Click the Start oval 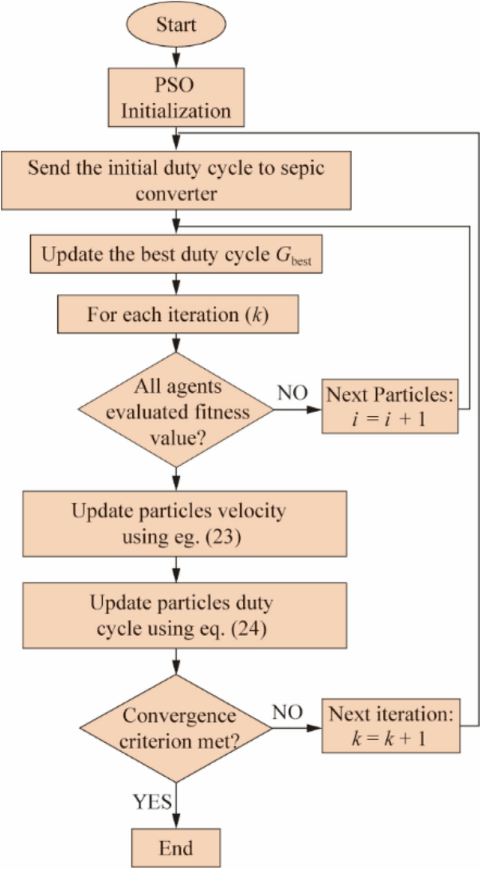click(x=176, y=25)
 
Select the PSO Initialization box click(x=176, y=98)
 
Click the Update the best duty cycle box click(x=176, y=254)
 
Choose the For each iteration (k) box click(x=178, y=314)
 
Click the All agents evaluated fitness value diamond click(x=176, y=410)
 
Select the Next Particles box click(x=390, y=406)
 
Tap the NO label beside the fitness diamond click(x=292, y=393)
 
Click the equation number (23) click(x=223, y=537)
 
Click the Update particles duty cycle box click(x=184, y=616)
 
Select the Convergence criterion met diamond click(x=176, y=728)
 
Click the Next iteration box click(x=390, y=726)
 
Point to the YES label click(x=152, y=802)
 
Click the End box click(x=175, y=848)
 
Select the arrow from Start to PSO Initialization click(x=176, y=57)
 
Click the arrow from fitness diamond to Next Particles click(x=297, y=409)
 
